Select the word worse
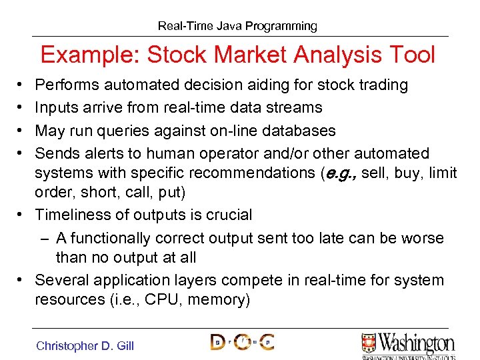tap(421, 238)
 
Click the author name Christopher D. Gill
tap(85, 345)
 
